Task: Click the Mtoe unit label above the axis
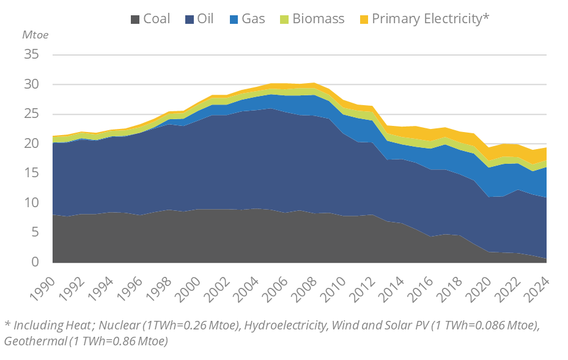pyautogui.click(x=35, y=34)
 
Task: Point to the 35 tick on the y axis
pyautogui.click(x=32, y=55)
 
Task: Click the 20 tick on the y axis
pyautogui.click(x=32, y=144)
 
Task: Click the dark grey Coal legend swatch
pyautogui.click(x=135, y=19)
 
